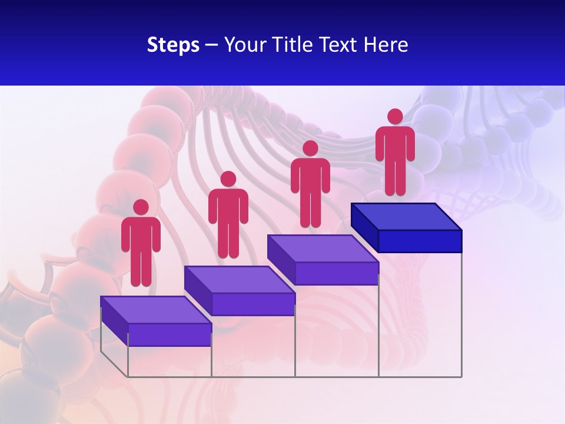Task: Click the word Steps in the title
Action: [173, 45]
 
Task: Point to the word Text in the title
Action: [339, 45]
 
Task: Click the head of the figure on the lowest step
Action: [141, 207]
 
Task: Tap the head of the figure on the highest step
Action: [395, 117]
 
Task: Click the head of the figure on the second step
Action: [228, 179]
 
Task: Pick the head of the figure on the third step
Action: [310, 148]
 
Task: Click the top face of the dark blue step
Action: [406, 217]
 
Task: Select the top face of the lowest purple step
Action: [155, 310]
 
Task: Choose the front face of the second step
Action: [253, 304]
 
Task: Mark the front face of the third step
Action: [337, 273]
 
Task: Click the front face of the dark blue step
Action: [420, 241]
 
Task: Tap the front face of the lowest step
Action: [169, 334]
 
